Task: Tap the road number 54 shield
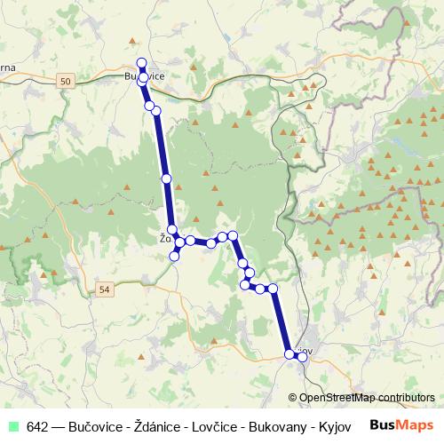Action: pyautogui.click(x=105, y=289)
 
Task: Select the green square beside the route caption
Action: pyautogui.click(x=14, y=425)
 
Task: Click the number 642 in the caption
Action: pyautogui.click(x=37, y=425)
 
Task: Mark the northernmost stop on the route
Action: pyautogui.click(x=141, y=62)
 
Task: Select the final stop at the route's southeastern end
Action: pyautogui.click(x=302, y=357)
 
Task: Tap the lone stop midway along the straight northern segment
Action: pyautogui.click(x=166, y=178)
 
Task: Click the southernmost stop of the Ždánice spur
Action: pyautogui.click(x=175, y=257)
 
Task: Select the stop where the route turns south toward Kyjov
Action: pyautogui.click(x=274, y=289)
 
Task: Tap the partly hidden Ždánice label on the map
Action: pyautogui.click(x=165, y=238)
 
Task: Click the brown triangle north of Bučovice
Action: pyautogui.click(x=132, y=41)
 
